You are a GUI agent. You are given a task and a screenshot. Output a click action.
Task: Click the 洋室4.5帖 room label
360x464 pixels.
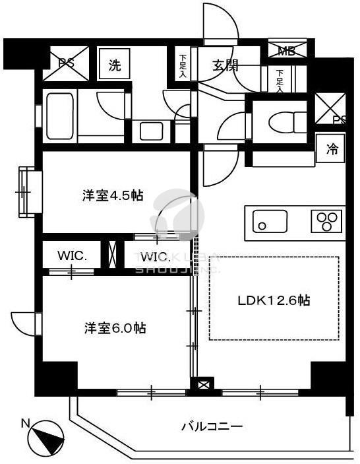(113, 196)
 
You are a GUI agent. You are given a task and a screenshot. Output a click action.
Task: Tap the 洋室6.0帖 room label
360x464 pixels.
(115, 328)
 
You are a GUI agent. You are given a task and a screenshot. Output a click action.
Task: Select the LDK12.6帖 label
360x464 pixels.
(274, 300)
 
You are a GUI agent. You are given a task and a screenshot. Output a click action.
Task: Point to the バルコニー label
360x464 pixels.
(212, 426)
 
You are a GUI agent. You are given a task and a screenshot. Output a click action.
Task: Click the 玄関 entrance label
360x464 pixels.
(225, 65)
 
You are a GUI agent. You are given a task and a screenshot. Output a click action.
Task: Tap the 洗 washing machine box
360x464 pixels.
(115, 65)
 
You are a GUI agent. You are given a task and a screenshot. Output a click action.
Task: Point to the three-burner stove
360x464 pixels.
(326, 220)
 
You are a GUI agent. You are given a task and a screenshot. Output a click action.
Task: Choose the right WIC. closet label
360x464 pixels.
(154, 255)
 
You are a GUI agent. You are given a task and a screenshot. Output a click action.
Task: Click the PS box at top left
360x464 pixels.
(66, 64)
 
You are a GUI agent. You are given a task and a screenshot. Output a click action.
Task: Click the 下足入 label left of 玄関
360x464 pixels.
(183, 65)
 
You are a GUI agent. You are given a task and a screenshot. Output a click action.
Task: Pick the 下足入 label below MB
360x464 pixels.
(280, 79)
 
